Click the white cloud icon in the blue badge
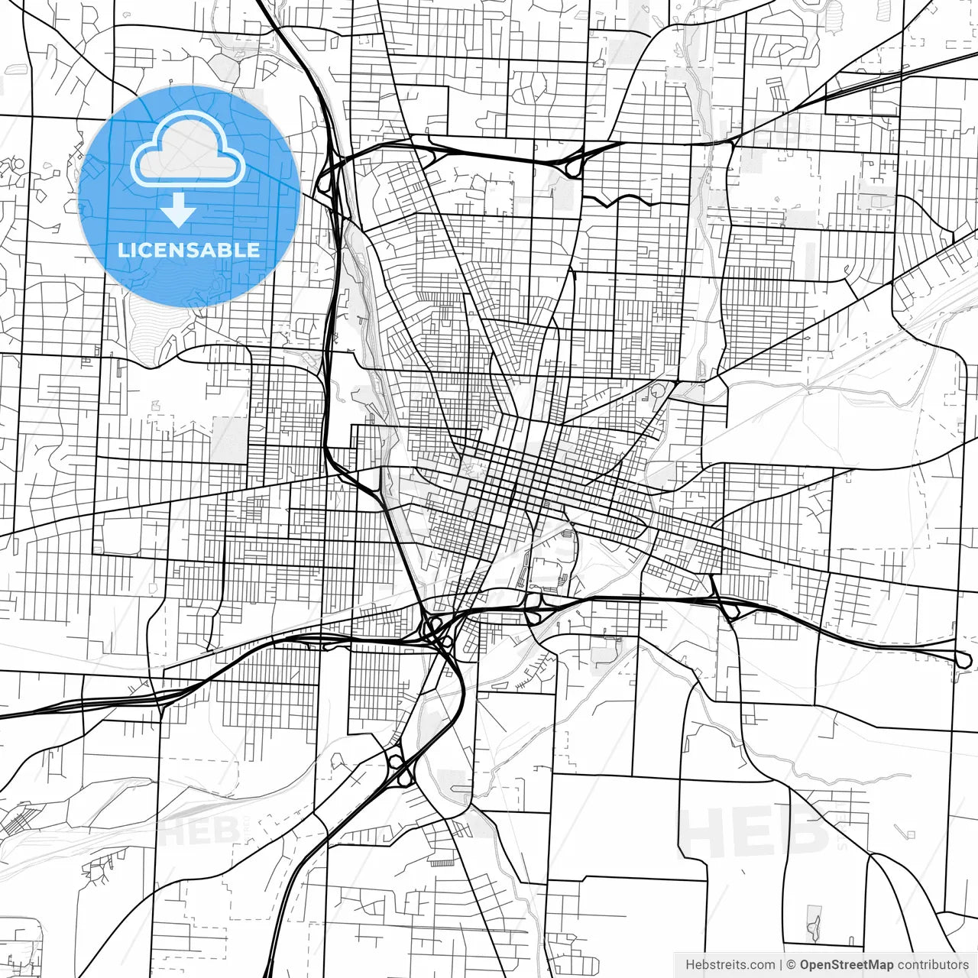click(188, 150)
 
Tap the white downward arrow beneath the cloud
click(179, 210)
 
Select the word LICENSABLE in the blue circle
click(189, 250)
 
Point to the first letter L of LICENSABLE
click(122, 250)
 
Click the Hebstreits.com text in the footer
click(730, 965)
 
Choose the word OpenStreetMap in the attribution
click(847, 965)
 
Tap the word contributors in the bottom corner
click(933, 965)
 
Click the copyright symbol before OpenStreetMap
click(792, 965)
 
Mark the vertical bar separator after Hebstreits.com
click(781, 965)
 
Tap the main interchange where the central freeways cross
click(436, 631)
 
